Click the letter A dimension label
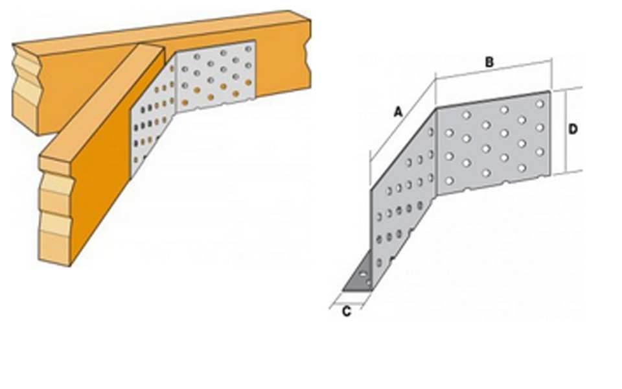398,112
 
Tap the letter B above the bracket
490,62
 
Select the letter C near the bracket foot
346,312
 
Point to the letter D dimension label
572,129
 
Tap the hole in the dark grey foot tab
363,274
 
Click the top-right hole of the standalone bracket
540,104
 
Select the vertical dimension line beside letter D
565,132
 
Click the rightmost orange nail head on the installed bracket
248,82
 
